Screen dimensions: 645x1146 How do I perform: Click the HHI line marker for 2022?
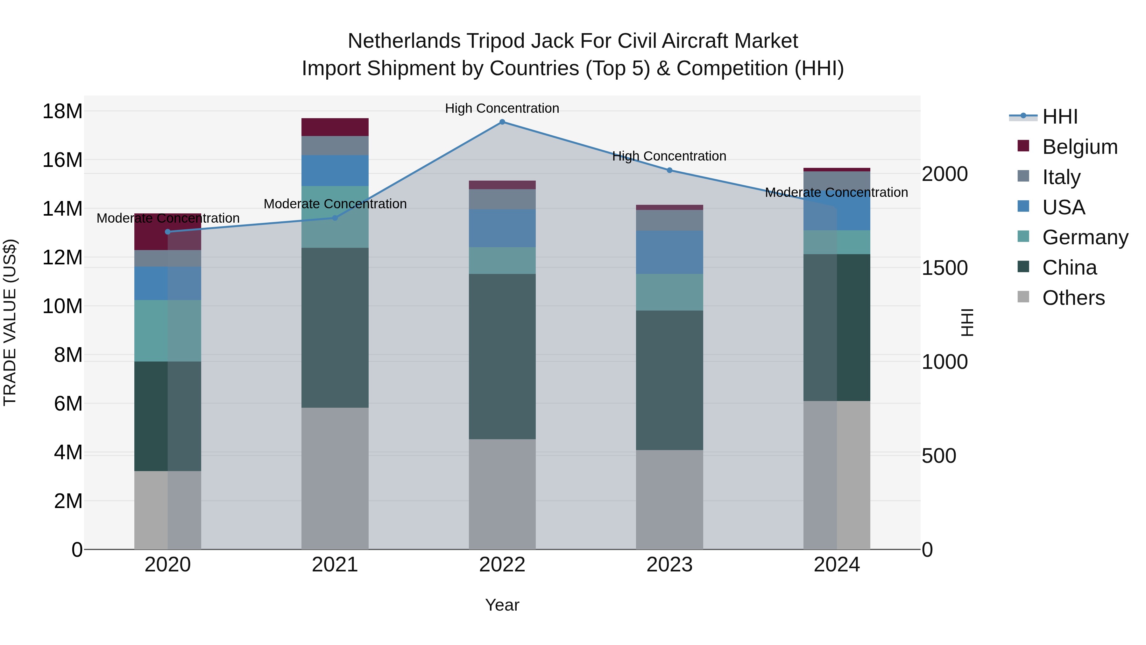(x=502, y=122)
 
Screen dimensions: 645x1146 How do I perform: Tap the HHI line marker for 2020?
(x=168, y=232)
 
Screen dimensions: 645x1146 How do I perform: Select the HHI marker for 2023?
(x=669, y=170)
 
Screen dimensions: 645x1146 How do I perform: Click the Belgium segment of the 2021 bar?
(x=335, y=127)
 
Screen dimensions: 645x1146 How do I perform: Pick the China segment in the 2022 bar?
(x=502, y=356)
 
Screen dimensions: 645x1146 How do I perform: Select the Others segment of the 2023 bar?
(x=669, y=499)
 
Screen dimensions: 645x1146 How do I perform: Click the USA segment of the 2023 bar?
(x=669, y=252)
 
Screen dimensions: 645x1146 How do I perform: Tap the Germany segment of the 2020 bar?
(x=168, y=331)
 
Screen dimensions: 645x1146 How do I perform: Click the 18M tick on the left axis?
(x=62, y=111)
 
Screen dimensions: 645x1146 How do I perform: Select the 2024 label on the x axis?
(x=837, y=565)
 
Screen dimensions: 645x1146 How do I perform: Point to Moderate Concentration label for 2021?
(x=335, y=204)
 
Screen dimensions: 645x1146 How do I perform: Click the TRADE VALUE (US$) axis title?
(x=10, y=322)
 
